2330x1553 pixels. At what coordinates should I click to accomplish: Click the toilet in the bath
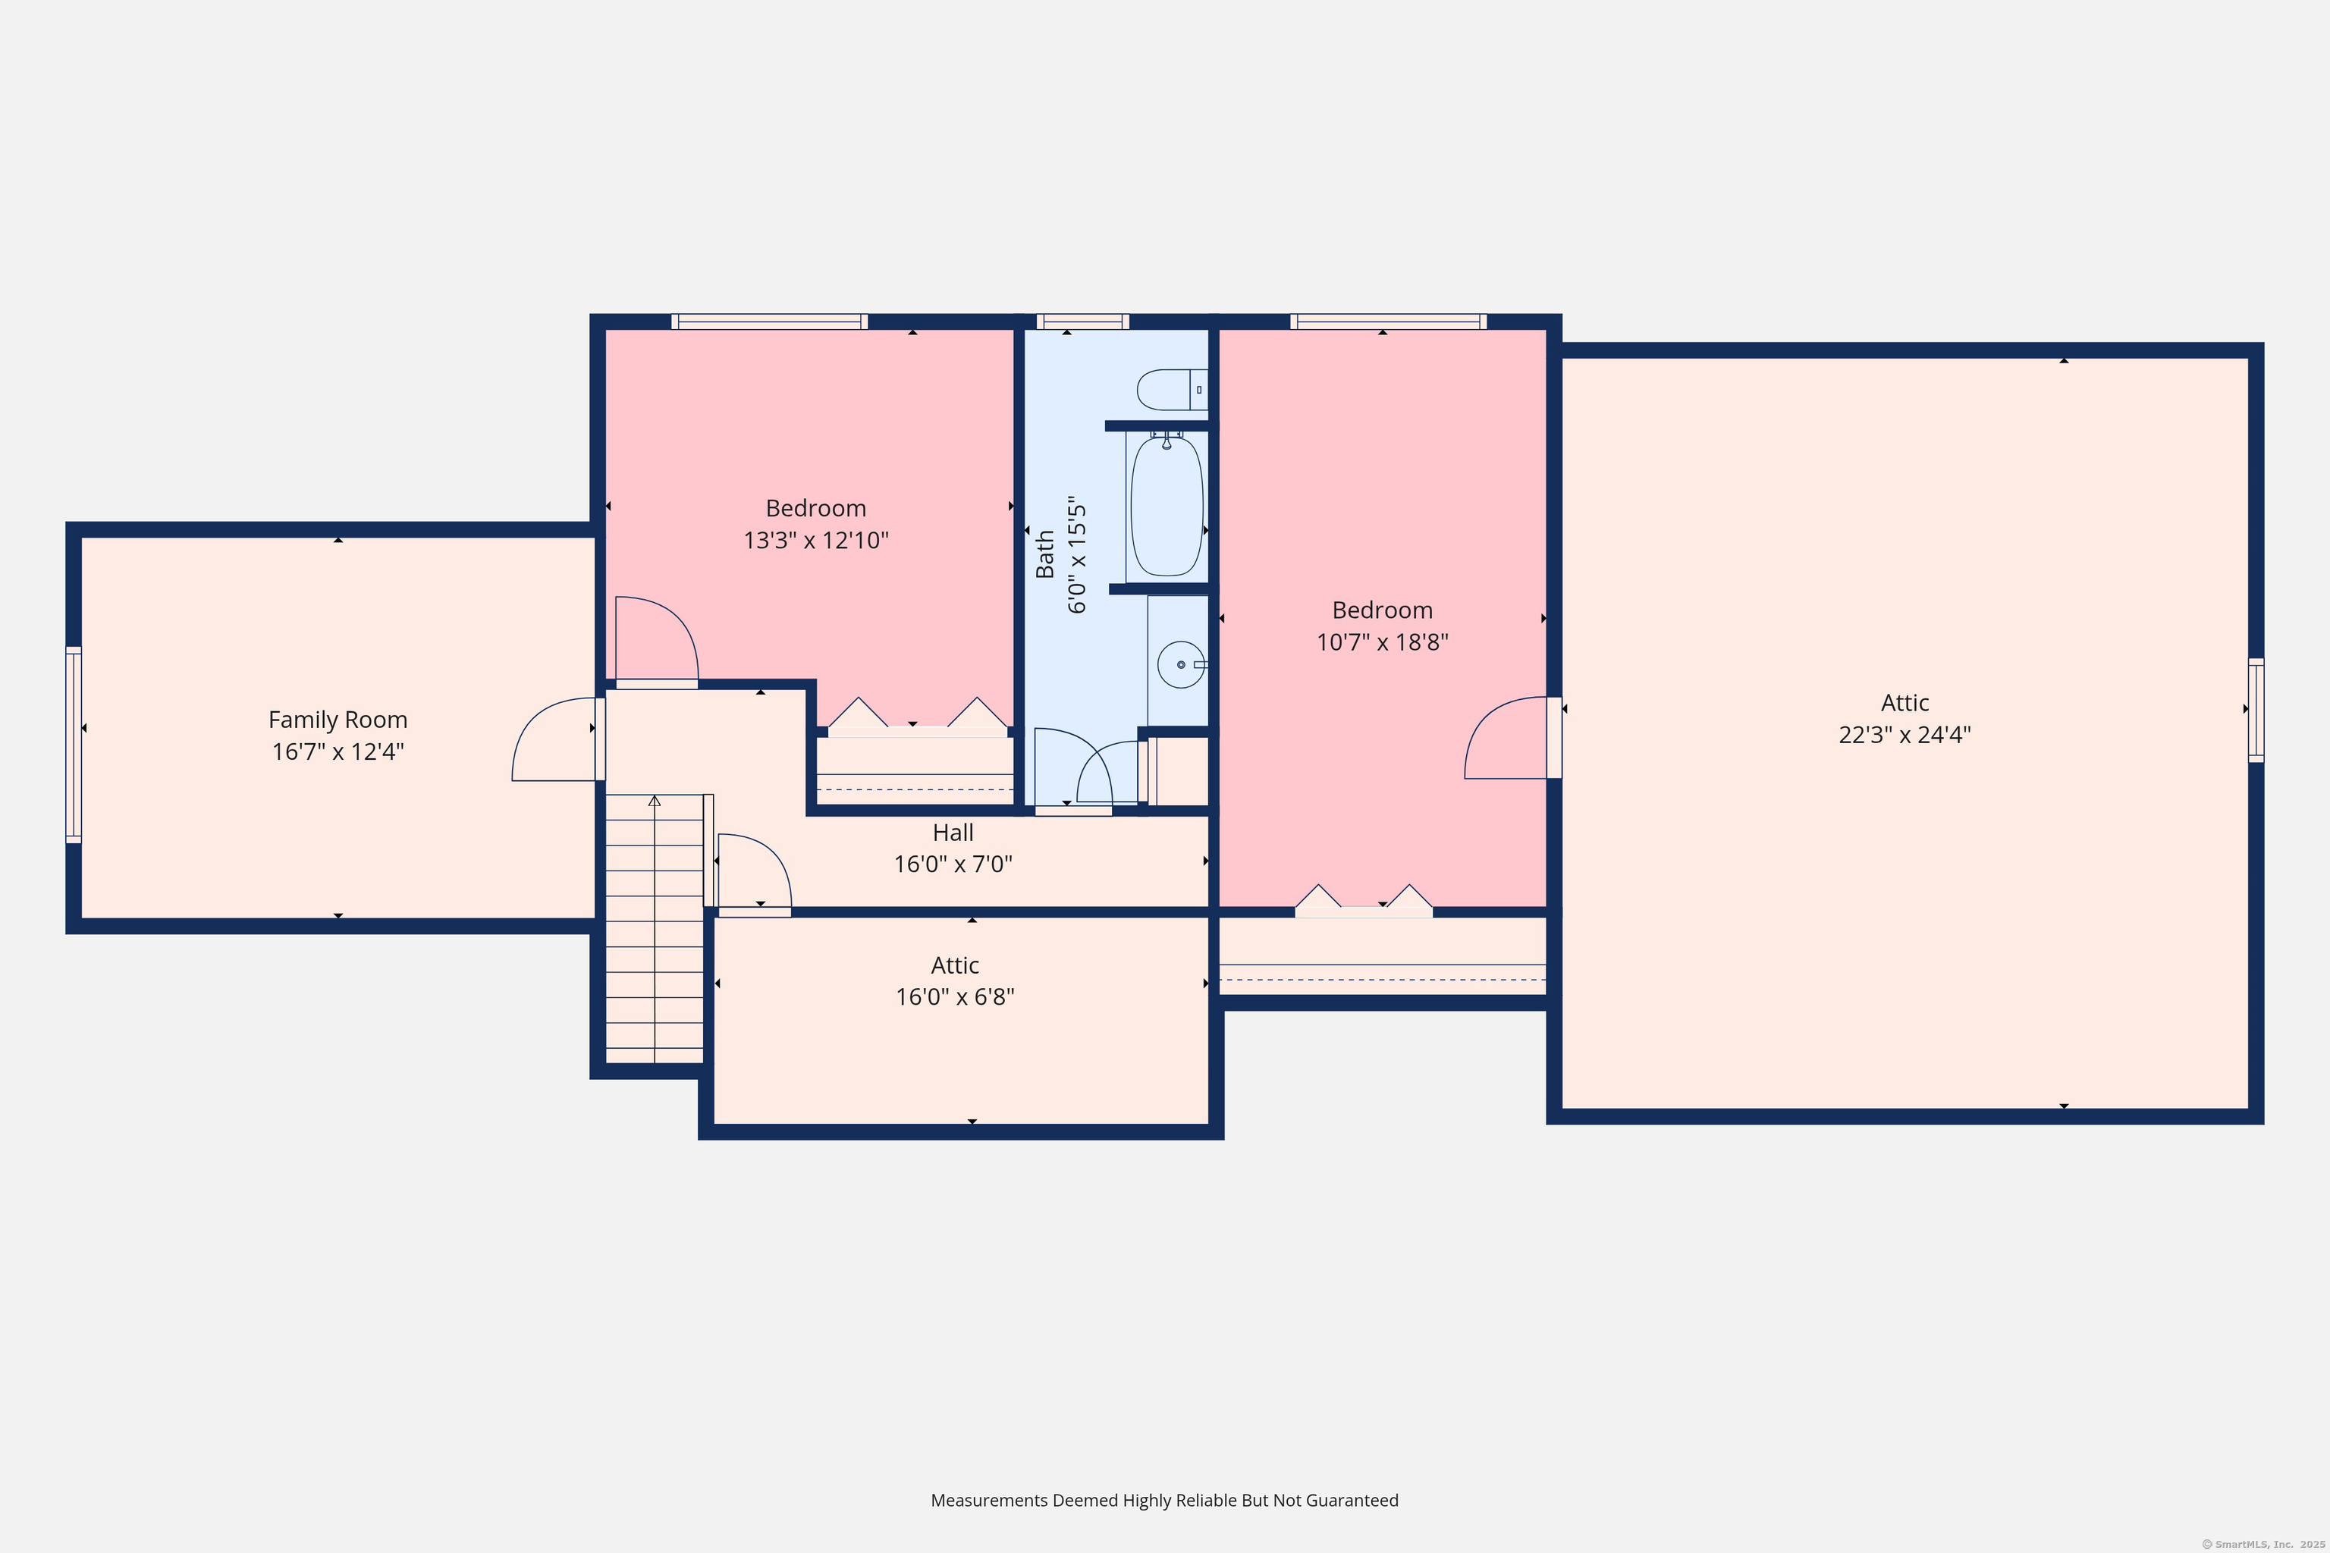(x=1172, y=389)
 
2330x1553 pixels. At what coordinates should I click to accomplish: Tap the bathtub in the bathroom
(x=1167, y=505)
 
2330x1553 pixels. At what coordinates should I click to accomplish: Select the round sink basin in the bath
(x=1181, y=664)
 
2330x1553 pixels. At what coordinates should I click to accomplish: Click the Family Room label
(x=338, y=720)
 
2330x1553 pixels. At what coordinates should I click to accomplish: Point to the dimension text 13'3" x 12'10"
(x=816, y=540)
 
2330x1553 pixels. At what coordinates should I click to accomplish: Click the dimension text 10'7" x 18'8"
(x=1382, y=642)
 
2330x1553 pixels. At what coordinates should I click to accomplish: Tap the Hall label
(x=953, y=832)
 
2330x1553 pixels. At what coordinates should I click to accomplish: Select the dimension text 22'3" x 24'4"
(x=1904, y=735)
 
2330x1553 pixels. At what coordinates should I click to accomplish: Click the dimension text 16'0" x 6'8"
(x=955, y=996)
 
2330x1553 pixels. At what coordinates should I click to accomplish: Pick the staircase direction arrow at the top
(x=654, y=800)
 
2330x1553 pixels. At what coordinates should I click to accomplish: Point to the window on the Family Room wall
(x=74, y=745)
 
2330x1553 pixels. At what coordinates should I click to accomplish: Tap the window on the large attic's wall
(x=2256, y=710)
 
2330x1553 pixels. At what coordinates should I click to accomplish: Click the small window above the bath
(x=1083, y=322)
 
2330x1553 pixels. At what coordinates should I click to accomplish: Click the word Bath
(x=1045, y=554)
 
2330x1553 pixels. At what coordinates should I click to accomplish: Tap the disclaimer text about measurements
(x=1165, y=1501)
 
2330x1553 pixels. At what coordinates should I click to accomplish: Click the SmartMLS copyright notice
(x=2262, y=1544)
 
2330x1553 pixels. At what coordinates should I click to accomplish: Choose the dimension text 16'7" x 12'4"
(x=338, y=751)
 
